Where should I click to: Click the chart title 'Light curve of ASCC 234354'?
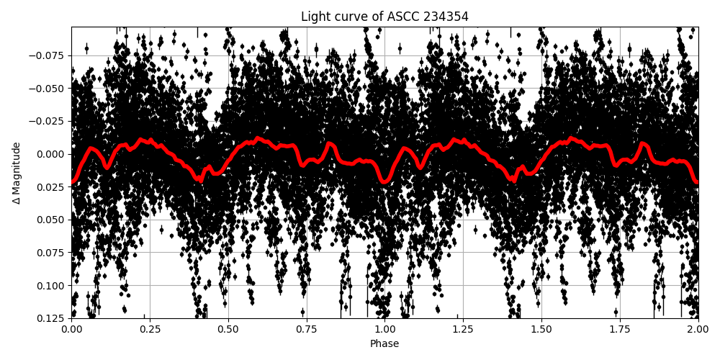click(384, 17)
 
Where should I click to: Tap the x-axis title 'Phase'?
click(384, 344)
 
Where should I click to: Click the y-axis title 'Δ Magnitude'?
click(17, 173)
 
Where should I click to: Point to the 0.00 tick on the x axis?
click(71, 330)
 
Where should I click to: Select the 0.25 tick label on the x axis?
click(150, 330)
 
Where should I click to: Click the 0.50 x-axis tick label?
click(228, 330)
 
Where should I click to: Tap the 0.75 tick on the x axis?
click(307, 330)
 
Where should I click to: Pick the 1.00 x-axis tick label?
click(384, 330)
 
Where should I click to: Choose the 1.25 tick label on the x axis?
click(463, 330)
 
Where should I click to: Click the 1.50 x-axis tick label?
click(541, 330)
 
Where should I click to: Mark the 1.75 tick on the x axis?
click(620, 330)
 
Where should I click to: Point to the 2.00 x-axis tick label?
click(698, 330)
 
